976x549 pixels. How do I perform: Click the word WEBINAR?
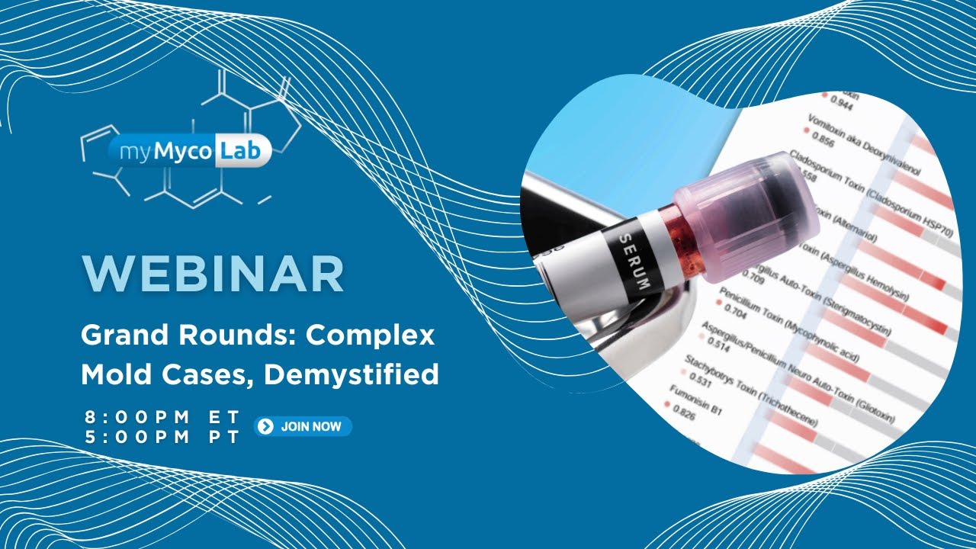pyautogui.click(x=213, y=274)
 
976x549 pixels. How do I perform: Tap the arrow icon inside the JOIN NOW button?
pyautogui.click(x=265, y=426)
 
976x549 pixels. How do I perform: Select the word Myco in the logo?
pyautogui.click(x=185, y=152)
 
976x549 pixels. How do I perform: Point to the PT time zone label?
pyautogui.click(x=226, y=437)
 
